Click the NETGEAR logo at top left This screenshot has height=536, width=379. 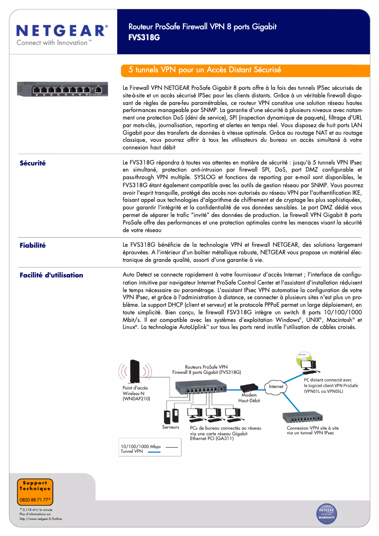click(x=62, y=31)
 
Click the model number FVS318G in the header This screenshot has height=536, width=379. click(x=144, y=36)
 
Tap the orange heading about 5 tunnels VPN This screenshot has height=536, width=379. click(x=205, y=70)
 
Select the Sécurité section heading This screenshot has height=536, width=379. click(x=33, y=163)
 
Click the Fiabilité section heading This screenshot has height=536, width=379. click(x=33, y=245)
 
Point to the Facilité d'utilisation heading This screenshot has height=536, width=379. click(x=51, y=275)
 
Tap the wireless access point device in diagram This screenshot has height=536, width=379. click(x=135, y=370)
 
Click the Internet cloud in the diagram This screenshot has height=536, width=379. click(x=276, y=387)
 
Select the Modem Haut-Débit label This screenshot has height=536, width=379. click(x=249, y=398)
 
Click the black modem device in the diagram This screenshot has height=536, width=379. click(x=250, y=386)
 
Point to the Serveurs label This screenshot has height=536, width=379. click(x=171, y=427)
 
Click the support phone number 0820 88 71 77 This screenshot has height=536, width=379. click(x=35, y=500)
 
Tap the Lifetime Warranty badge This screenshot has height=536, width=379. click(x=327, y=514)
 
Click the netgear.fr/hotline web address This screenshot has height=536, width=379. click(x=41, y=519)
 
